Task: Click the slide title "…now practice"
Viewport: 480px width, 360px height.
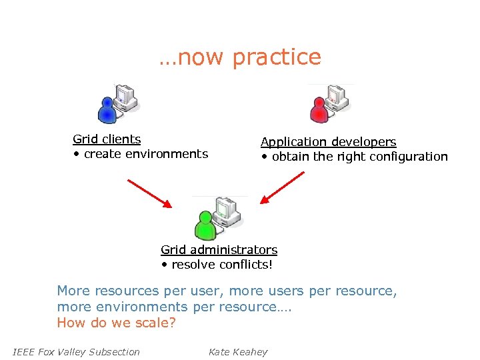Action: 240,57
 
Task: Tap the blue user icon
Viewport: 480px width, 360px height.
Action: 107,109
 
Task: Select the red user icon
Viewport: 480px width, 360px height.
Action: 321,109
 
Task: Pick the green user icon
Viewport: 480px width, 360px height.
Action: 205,224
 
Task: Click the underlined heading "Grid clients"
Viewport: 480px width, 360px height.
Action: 107,139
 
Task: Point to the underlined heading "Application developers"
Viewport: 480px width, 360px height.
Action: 328,142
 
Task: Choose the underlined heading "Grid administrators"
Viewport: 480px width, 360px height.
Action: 219,250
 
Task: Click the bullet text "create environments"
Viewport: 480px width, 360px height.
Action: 145,154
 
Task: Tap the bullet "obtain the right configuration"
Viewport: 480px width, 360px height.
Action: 359,157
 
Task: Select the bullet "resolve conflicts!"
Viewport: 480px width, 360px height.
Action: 221,265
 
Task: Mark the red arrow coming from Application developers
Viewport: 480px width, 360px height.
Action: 283,187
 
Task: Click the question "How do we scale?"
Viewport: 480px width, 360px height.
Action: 116,323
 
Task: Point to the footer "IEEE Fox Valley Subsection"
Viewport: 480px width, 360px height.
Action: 76,352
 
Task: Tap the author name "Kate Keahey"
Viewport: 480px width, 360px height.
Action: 237,352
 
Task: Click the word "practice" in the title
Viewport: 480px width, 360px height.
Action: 277,57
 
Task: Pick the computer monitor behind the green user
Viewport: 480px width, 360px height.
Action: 227,211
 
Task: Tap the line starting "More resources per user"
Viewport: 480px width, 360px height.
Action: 227,291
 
